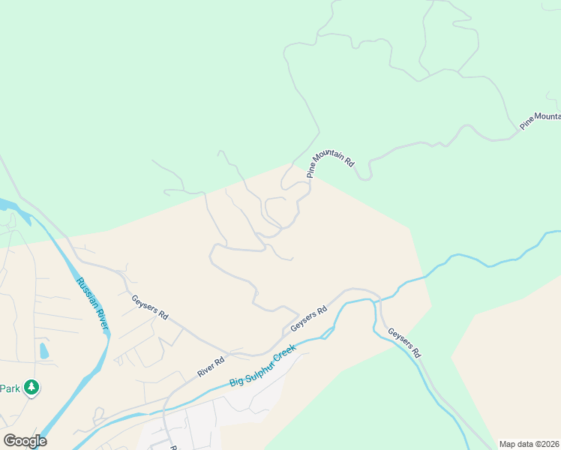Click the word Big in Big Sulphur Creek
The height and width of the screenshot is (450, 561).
[236, 380]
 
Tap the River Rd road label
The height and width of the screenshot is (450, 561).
[211, 367]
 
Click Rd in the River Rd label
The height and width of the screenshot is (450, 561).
[220, 361]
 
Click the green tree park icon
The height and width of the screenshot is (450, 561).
[31, 388]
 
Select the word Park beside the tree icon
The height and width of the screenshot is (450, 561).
[9, 388]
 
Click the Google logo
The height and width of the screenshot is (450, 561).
[25, 440]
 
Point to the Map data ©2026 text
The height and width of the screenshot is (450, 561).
[529, 444]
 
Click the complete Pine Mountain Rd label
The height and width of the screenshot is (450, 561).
[329, 163]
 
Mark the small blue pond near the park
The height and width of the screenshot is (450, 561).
[43, 350]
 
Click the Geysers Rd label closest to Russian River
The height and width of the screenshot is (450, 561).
[149, 307]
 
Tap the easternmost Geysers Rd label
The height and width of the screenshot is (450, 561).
[404, 341]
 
